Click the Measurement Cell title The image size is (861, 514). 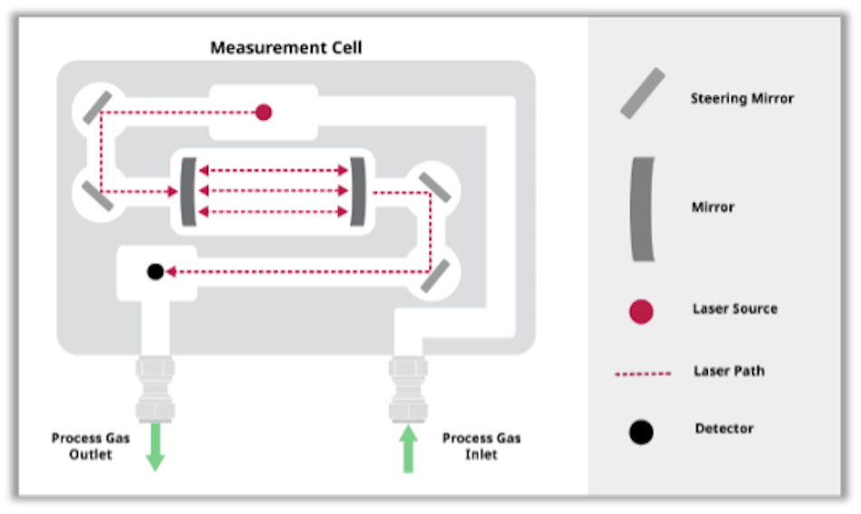(x=285, y=47)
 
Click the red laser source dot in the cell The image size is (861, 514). (x=263, y=112)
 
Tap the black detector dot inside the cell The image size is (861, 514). (x=155, y=271)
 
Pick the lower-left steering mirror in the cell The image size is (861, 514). (x=98, y=194)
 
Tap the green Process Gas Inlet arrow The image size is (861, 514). (x=408, y=449)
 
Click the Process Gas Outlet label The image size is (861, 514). (x=91, y=446)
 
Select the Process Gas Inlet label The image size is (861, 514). (x=481, y=446)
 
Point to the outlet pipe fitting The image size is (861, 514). (x=155, y=387)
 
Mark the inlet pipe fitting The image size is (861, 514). (x=408, y=387)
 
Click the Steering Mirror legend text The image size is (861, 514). (x=741, y=98)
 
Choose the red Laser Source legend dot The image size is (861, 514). (x=642, y=312)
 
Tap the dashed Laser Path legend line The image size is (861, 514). (x=643, y=373)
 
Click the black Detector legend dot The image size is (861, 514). (x=642, y=432)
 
